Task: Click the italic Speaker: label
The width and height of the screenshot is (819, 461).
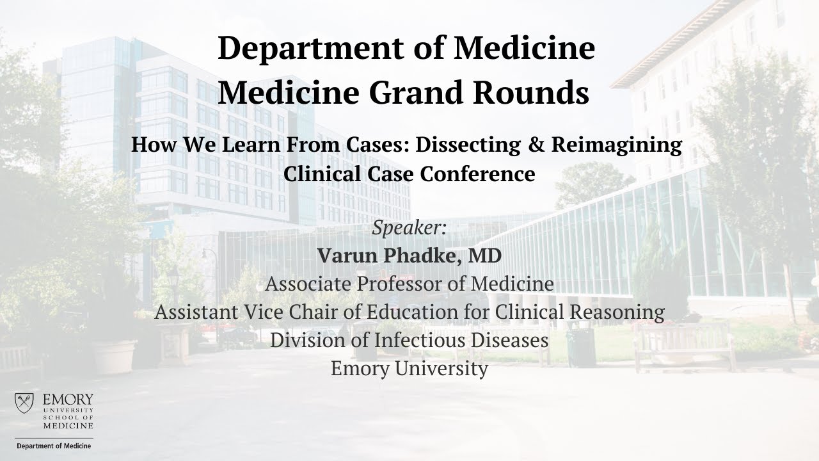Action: coord(409,228)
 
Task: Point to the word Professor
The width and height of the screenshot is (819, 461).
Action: coord(402,284)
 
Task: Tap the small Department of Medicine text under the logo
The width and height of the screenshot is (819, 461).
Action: coord(54,446)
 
